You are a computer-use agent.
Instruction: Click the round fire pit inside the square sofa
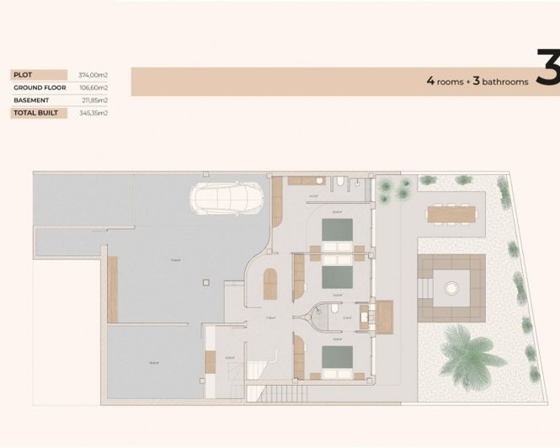point(452,287)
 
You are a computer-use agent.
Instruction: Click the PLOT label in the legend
point(23,74)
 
